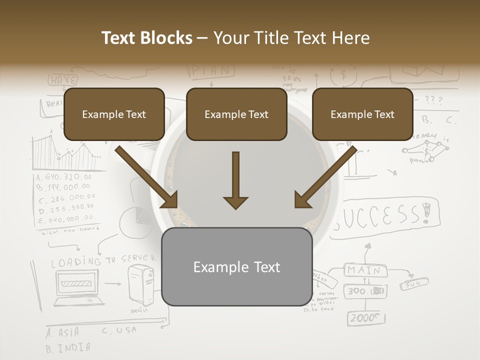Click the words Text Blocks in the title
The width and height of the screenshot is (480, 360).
point(146,38)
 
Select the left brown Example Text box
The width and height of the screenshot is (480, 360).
point(114,114)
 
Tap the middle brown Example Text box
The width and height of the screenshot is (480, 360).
point(236,114)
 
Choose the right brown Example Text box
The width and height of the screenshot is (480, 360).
point(362,114)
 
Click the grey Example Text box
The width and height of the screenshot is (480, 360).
point(236,267)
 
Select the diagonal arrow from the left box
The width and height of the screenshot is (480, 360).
point(147,177)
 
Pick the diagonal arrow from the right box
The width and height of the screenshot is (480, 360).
point(325,177)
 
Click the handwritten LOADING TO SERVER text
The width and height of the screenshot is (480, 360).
point(102,260)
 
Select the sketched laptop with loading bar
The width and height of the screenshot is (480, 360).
point(80,287)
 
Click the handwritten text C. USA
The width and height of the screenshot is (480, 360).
point(119,330)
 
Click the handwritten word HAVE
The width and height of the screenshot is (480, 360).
point(63,80)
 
